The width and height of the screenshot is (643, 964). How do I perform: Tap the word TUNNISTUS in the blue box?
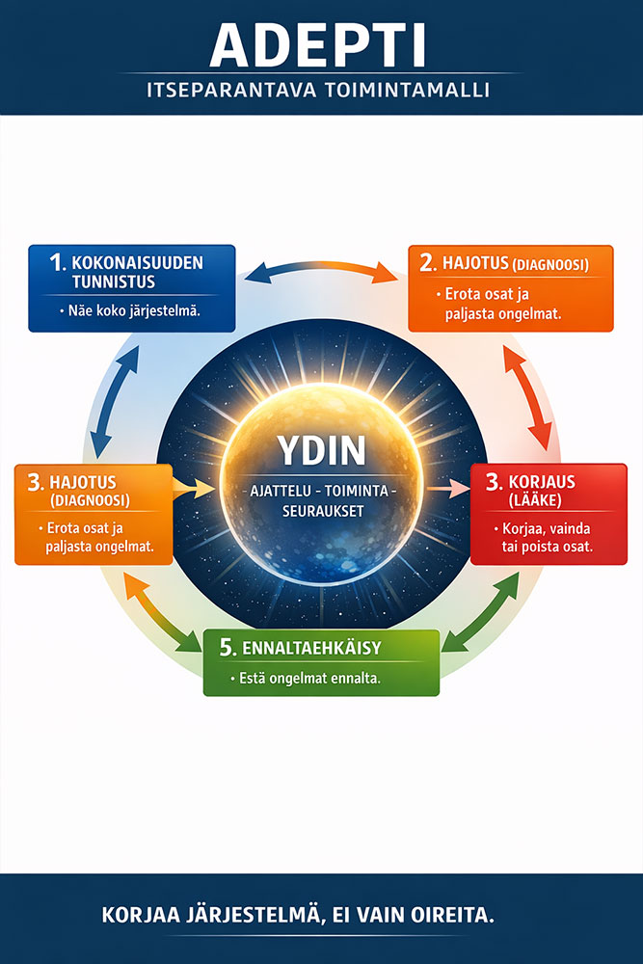click(x=114, y=282)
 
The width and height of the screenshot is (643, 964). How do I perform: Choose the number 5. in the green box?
click(x=228, y=648)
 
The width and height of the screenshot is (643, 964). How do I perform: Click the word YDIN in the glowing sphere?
click(x=321, y=451)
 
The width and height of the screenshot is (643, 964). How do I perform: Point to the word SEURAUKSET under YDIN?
click(x=321, y=511)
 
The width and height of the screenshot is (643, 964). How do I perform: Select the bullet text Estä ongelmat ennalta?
click(x=308, y=678)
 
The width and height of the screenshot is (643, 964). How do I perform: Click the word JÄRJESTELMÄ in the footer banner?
click(x=245, y=916)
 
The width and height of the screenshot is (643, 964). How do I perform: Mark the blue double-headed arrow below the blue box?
click(x=109, y=395)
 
